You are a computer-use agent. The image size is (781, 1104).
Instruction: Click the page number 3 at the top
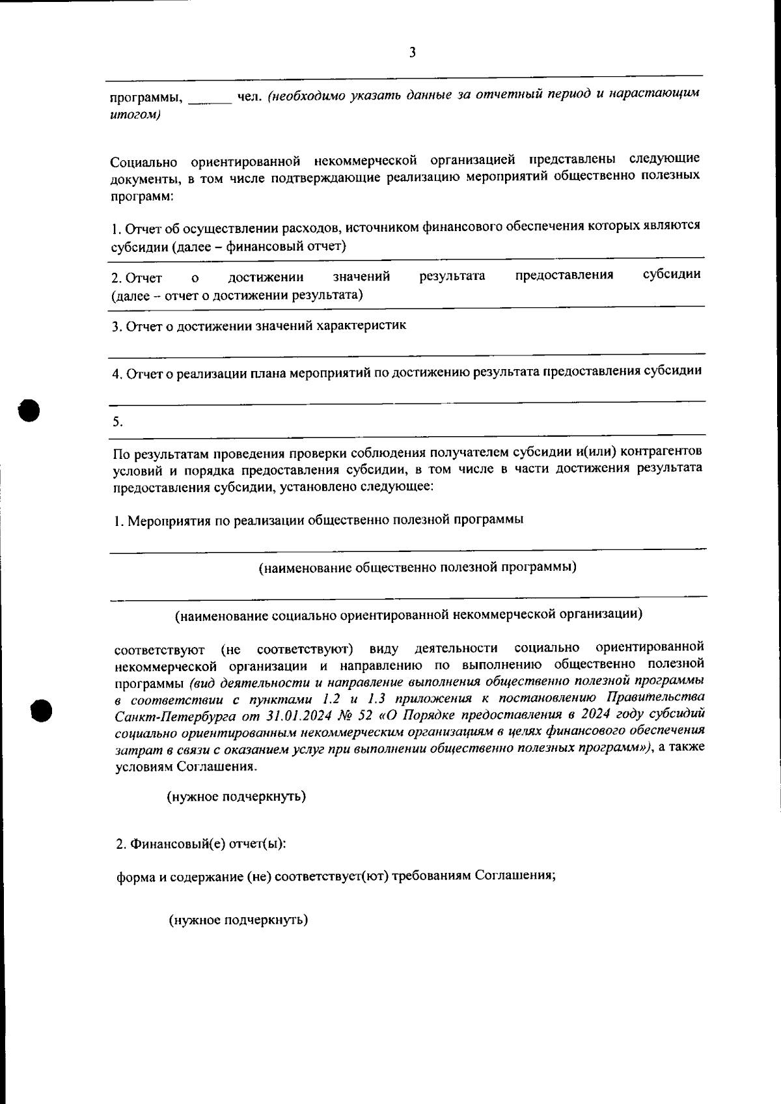click(412, 53)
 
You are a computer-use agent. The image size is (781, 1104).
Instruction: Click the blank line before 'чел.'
click(210, 100)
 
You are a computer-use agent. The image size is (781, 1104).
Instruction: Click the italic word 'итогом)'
click(135, 115)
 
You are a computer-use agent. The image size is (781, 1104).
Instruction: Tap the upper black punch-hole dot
click(29, 409)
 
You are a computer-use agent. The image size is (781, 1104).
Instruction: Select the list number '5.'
click(117, 421)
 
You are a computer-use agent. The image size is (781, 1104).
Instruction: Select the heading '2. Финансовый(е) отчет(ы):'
click(200, 844)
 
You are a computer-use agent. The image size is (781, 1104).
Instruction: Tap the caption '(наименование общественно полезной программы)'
click(417, 566)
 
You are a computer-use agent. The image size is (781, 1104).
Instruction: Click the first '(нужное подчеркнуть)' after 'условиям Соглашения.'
click(236, 796)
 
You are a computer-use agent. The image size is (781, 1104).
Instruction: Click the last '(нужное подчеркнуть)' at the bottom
click(238, 920)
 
